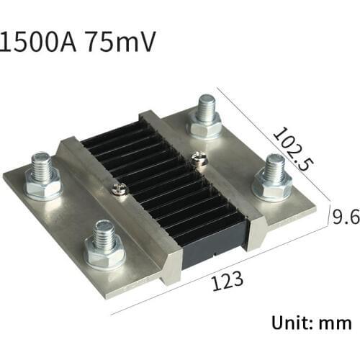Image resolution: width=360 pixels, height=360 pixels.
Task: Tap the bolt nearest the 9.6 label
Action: tap(271, 176)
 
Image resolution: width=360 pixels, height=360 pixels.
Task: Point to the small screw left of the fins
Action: tap(117, 189)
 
